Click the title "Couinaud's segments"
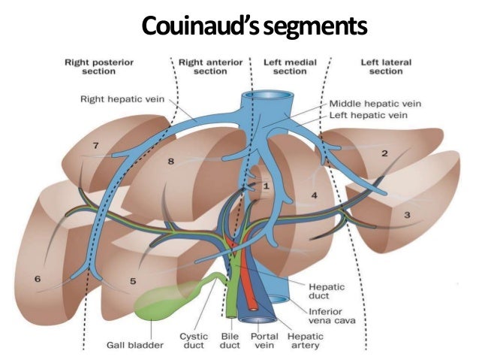click(x=255, y=28)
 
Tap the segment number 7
click(x=95, y=144)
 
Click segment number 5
click(x=132, y=281)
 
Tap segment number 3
click(x=408, y=215)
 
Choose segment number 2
click(x=384, y=153)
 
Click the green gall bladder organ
click(x=161, y=303)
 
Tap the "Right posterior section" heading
click(x=95, y=66)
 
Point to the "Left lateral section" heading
click(x=384, y=66)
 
